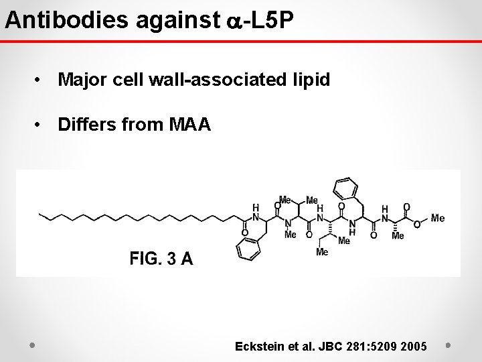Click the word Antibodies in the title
(68, 20)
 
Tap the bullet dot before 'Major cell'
(42, 81)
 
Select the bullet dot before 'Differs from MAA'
(42, 125)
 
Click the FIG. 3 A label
(161, 257)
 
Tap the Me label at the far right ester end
(438, 219)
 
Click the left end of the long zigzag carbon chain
(42, 215)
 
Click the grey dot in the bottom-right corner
(449, 346)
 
